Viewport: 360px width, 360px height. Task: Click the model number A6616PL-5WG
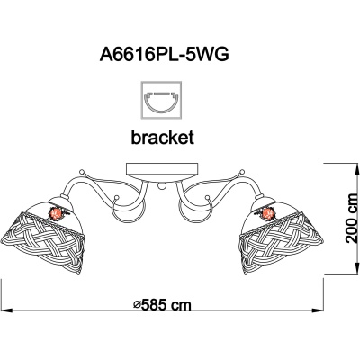coord(165,55)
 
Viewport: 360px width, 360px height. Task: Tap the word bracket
coord(163,138)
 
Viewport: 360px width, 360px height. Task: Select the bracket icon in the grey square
coord(161,100)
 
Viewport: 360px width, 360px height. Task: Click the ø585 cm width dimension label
coord(162,305)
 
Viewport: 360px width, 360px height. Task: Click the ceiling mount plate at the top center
coord(162,172)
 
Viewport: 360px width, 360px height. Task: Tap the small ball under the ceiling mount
coord(162,186)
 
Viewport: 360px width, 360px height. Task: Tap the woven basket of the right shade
coord(282,240)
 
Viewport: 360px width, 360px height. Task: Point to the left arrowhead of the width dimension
coord(6,310)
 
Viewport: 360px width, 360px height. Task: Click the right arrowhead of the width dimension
coord(318,310)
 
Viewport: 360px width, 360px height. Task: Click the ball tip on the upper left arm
coord(81,172)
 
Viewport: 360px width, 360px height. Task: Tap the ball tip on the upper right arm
coord(243,172)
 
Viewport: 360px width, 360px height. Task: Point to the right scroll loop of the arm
coord(195,210)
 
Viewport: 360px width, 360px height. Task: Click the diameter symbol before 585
coord(137,305)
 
